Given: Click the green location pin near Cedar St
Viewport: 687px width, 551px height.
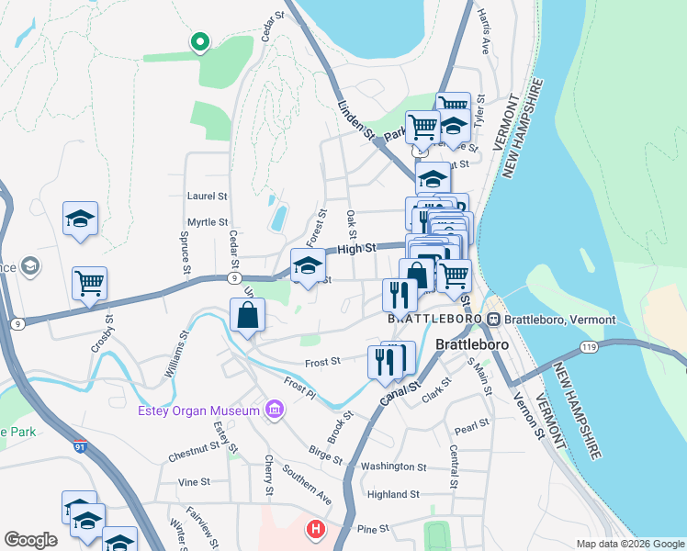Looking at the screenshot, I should [198, 42].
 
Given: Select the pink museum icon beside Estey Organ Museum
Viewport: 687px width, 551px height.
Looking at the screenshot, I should [274, 409].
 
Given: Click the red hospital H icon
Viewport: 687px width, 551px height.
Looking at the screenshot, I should [315, 530].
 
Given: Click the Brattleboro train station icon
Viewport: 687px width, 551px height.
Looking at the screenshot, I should [494, 319].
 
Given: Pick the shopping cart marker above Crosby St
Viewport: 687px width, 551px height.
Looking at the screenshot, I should [89, 283].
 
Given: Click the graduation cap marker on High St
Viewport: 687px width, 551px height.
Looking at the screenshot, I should [308, 266].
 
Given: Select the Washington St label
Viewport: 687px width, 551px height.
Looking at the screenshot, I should [394, 467].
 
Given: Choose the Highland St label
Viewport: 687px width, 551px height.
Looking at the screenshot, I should [393, 494].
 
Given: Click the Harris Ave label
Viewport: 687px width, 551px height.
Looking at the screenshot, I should [484, 32].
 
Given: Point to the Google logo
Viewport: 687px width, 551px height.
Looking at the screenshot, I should [30, 540].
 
